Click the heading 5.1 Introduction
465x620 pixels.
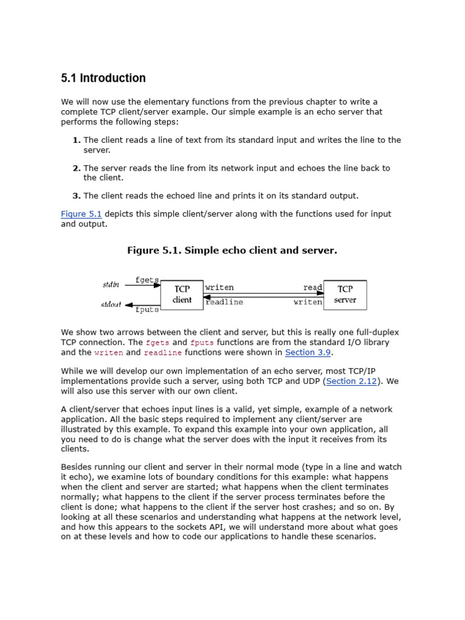point(104,78)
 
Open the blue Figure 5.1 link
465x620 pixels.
point(81,214)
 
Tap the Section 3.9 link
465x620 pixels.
point(308,352)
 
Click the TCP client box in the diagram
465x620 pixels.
point(182,295)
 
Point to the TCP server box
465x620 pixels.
point(345,295)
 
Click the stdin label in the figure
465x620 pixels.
point(111,285)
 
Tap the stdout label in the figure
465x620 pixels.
point(111,305)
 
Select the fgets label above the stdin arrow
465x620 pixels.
point(147,280)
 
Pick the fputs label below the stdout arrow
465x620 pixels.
point(147,310)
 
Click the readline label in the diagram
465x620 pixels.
point(225,302)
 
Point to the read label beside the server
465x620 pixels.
point(312,288)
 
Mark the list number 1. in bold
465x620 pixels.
point(76,140)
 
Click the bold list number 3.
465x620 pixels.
point(76,196)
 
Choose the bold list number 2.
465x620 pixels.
point(76,168)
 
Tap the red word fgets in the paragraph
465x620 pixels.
point(157,343)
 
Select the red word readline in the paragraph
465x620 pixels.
point(162,352)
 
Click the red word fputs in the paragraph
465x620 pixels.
point(202,343)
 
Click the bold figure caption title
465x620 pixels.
point(232,251)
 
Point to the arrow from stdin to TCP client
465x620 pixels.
point(142,285)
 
